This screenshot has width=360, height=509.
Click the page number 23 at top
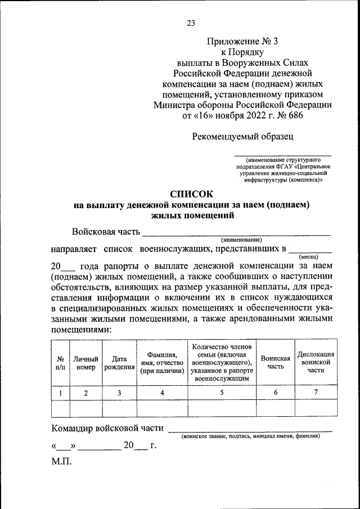[190, 23]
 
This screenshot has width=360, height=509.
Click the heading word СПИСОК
[191, 194]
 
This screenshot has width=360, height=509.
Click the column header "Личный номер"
[86, 363]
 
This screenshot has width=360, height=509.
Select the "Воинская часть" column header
[276, 363]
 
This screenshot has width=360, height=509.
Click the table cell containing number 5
[222, 393]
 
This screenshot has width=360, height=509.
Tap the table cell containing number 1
[60, 393]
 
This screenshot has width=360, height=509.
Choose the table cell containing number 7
[316, 393]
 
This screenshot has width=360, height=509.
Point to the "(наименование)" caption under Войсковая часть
[241, 240]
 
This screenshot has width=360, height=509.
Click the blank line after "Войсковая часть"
[236, 233]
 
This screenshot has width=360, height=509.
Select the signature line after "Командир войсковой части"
[250, 430]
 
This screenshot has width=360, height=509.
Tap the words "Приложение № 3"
[242, 41]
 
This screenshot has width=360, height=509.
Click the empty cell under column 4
[162, 408]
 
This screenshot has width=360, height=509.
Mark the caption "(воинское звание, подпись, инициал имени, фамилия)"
[250, 436]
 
